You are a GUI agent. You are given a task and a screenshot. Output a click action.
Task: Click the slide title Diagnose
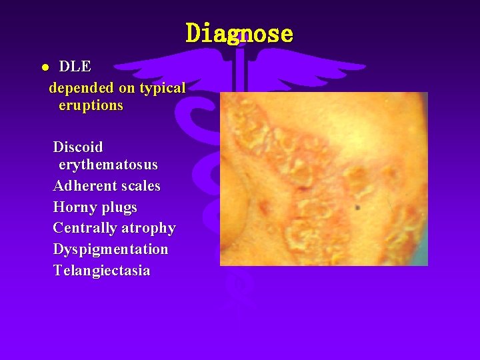point(239,33)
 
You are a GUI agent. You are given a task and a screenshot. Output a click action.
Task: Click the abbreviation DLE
point(75,67)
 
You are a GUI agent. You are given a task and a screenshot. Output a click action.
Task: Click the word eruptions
point(91,106)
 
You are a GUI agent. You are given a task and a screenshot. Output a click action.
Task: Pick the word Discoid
point(78,147)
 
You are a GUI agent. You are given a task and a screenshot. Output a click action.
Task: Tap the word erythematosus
point(108,165)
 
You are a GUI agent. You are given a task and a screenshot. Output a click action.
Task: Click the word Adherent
point(83,185)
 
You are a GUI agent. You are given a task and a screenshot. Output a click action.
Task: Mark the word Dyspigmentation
point(111,249)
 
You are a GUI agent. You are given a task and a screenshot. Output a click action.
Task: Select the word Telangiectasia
point(101,271)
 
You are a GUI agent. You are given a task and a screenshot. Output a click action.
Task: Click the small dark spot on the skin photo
point(358,207)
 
